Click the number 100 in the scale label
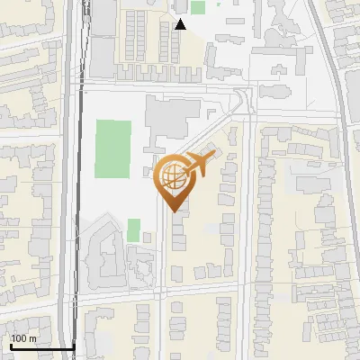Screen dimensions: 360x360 click(x=19, y=338)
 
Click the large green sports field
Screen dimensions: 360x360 click(x=114, y=148)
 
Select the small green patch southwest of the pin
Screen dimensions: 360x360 click(x=133, y=229)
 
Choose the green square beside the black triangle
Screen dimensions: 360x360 click(x=198, y=7)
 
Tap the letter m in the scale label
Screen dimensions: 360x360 click(x=31, y=338)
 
